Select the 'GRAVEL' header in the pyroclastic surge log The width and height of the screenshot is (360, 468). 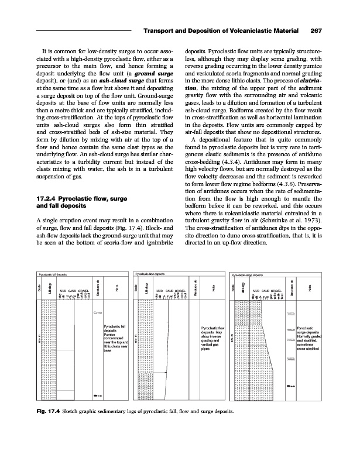pyautogui.click(x=276, y=290)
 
